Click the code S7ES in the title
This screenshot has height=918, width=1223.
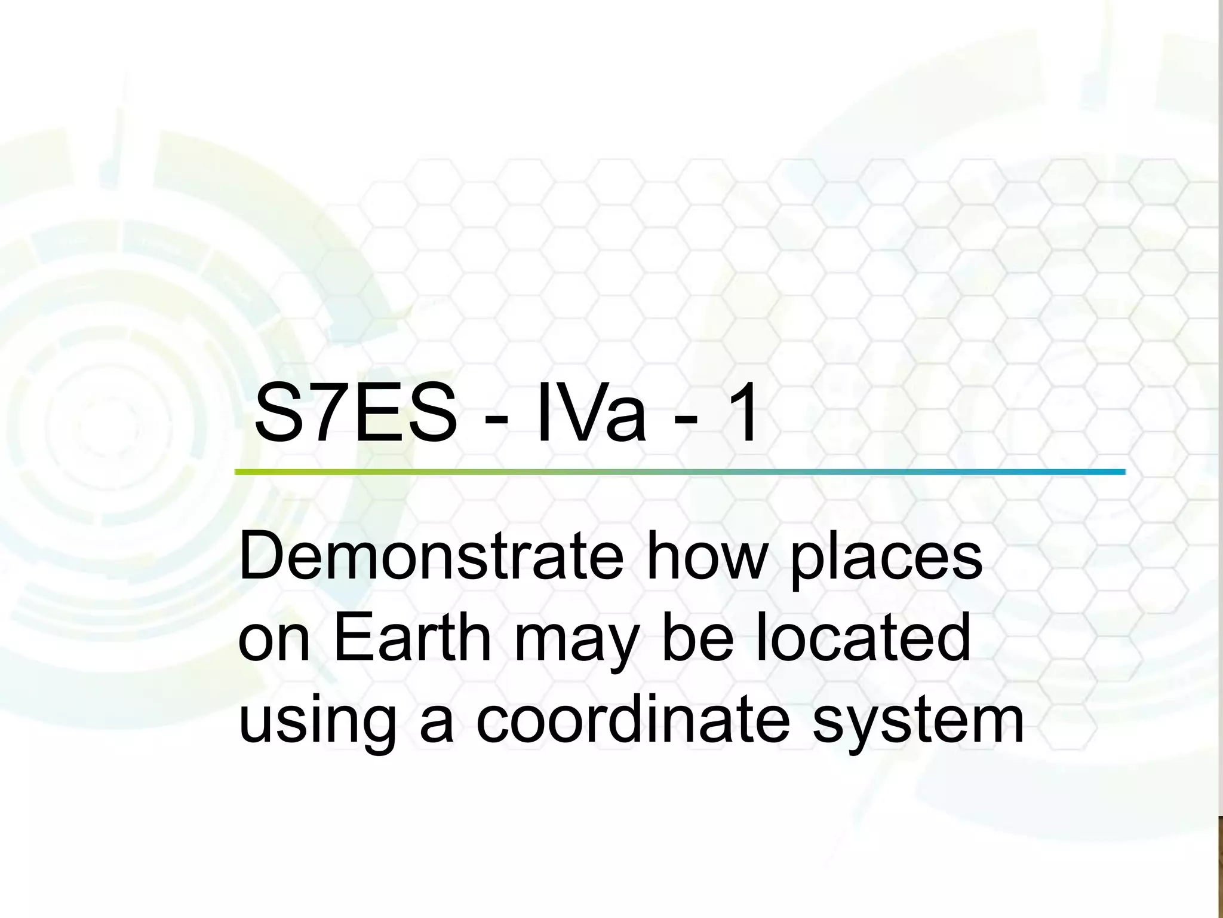[356, 414]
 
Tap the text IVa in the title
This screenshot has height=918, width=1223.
[591, 414]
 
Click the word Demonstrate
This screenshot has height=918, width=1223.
[431, 556]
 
